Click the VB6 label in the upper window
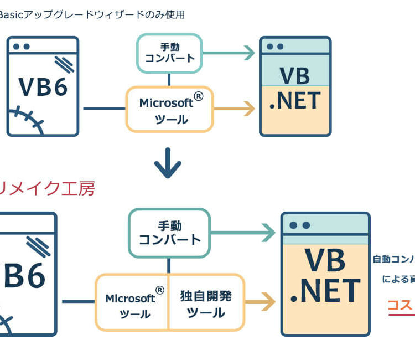43,86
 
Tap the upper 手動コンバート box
169,53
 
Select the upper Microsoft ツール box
169,109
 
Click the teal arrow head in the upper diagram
248,53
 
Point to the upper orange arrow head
248,109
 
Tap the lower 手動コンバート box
169,233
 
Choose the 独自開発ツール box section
206,304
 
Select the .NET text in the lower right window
325,291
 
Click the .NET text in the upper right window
295,101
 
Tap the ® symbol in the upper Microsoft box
199,96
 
